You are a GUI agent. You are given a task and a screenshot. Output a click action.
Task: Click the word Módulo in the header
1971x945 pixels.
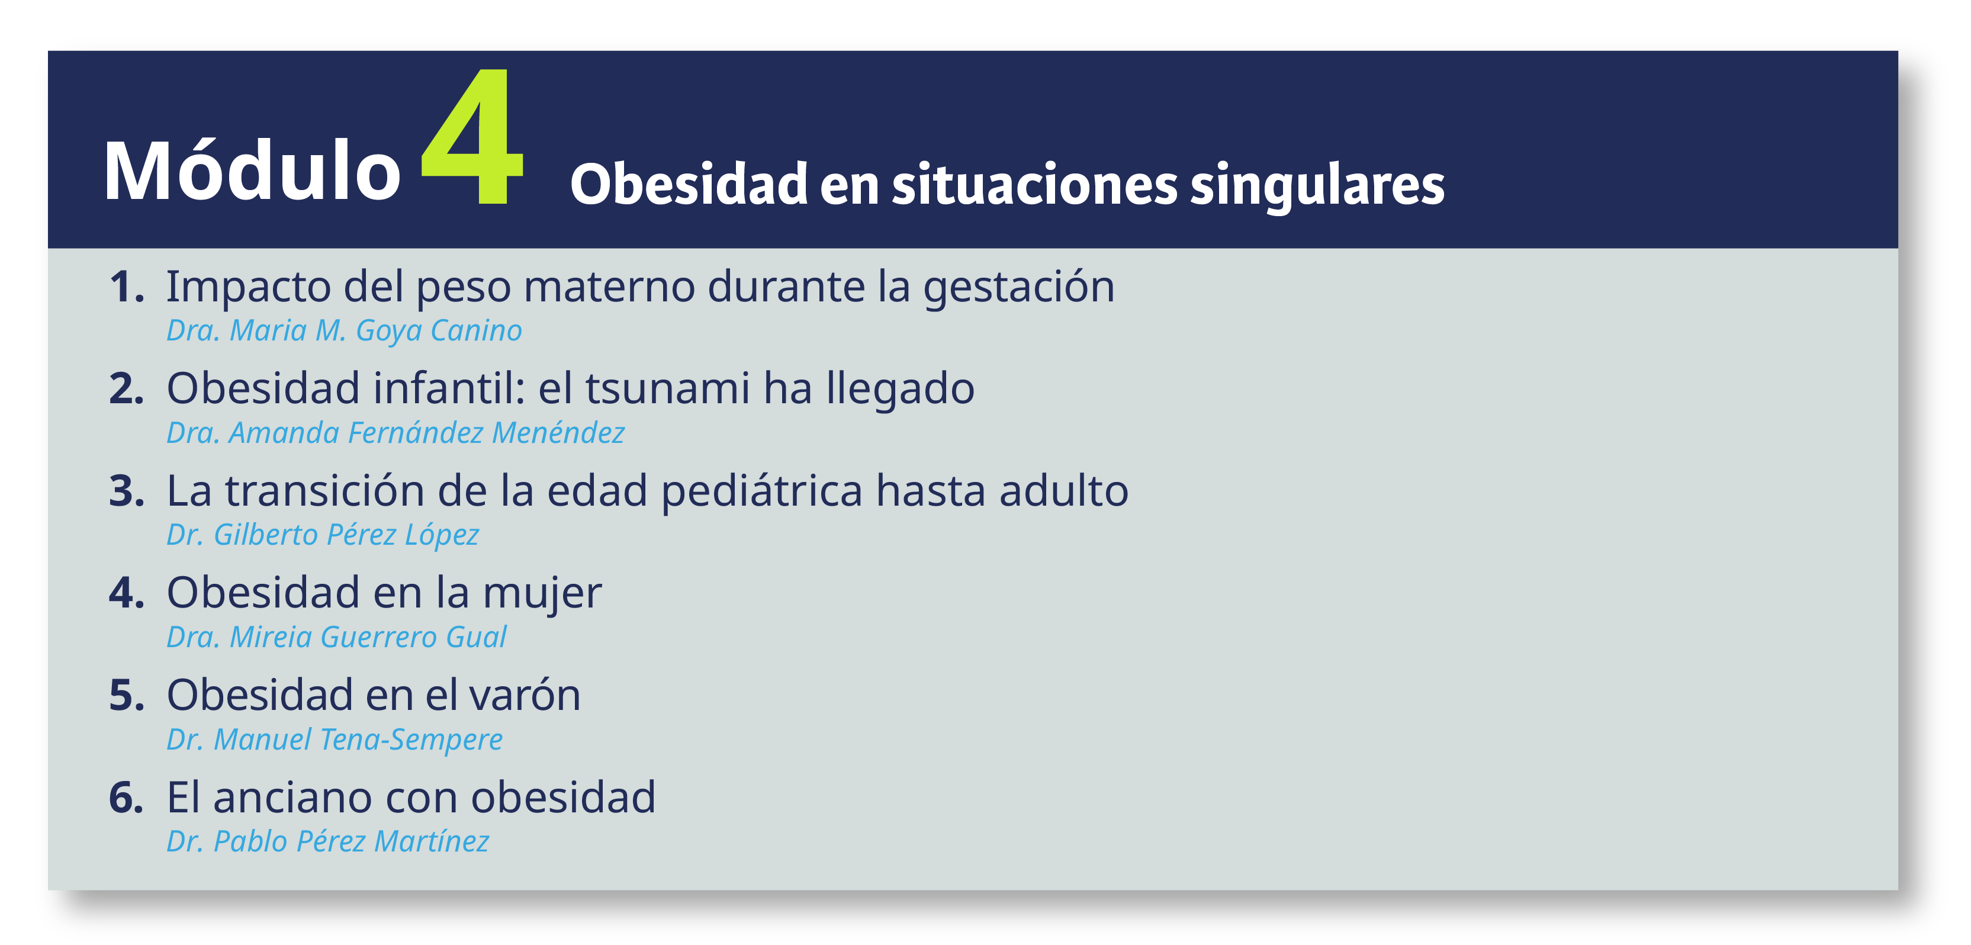(252, 170)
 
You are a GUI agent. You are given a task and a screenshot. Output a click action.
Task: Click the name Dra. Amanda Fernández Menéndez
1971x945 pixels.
(396, 433)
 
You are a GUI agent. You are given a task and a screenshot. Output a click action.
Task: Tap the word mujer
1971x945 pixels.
(542, 594)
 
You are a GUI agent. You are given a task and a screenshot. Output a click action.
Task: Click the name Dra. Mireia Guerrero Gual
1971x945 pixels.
(337, 637)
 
